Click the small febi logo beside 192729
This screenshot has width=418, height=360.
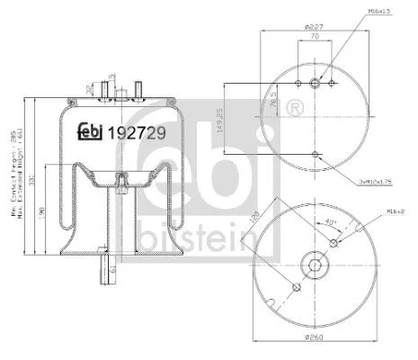(88, 131)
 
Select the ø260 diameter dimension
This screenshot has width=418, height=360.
(315, 337)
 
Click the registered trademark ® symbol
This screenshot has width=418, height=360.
(292, 110)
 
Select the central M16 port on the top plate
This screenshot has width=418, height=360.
(316, 84)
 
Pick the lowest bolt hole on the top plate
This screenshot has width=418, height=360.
(316, 154)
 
